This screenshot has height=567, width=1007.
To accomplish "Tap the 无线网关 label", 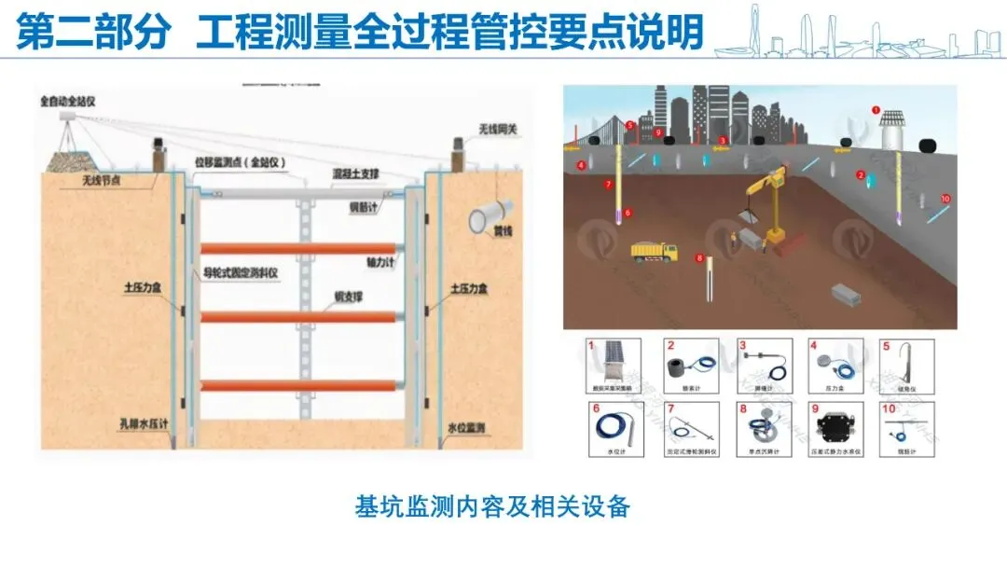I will [x=497, y=129].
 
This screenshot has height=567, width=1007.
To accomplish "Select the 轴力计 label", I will [x=383, y=264].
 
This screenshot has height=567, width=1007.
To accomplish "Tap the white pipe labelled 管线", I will [x=484, y=220].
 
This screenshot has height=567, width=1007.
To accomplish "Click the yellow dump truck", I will [x=654, y=252].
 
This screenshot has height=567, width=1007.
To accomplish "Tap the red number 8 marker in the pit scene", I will [x=699, y=257].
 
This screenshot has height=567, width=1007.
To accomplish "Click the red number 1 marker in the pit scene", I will [x=876, y=109].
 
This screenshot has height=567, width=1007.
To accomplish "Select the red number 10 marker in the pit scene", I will [x=945, y=199].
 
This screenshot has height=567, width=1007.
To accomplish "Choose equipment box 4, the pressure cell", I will [x=835, y=365].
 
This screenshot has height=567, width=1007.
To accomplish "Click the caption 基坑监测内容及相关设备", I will [x=493, y=506].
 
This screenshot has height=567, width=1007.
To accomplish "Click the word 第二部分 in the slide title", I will [x=94, y=33].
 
